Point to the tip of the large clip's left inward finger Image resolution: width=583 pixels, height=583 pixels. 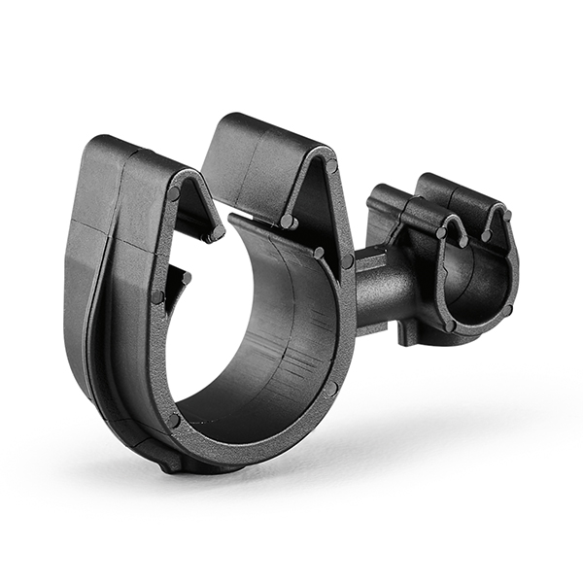tap(215, 234)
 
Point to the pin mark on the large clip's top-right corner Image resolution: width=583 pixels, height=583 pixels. tap(331, 166)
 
